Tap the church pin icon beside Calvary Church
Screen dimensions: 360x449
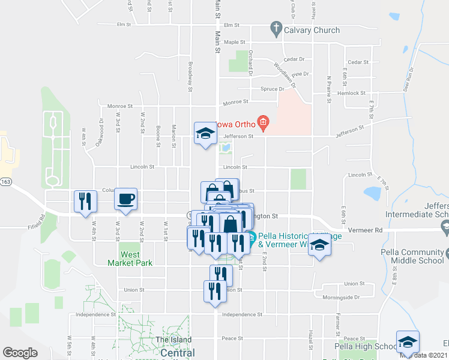(x=276, y=28)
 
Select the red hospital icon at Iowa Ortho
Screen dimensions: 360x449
(x=263, y=124)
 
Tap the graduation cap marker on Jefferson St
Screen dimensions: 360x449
(x=205, y=133)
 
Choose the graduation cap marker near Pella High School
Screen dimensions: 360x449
(x=408, y=341)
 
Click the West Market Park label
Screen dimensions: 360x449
(x=130, y=259)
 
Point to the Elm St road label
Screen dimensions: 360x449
(x=231, y=25)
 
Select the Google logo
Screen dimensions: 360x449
(x=20, y=353)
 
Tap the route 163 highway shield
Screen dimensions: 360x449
(x=6, y=182)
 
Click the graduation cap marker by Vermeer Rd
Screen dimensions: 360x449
(x=320, y=245)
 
